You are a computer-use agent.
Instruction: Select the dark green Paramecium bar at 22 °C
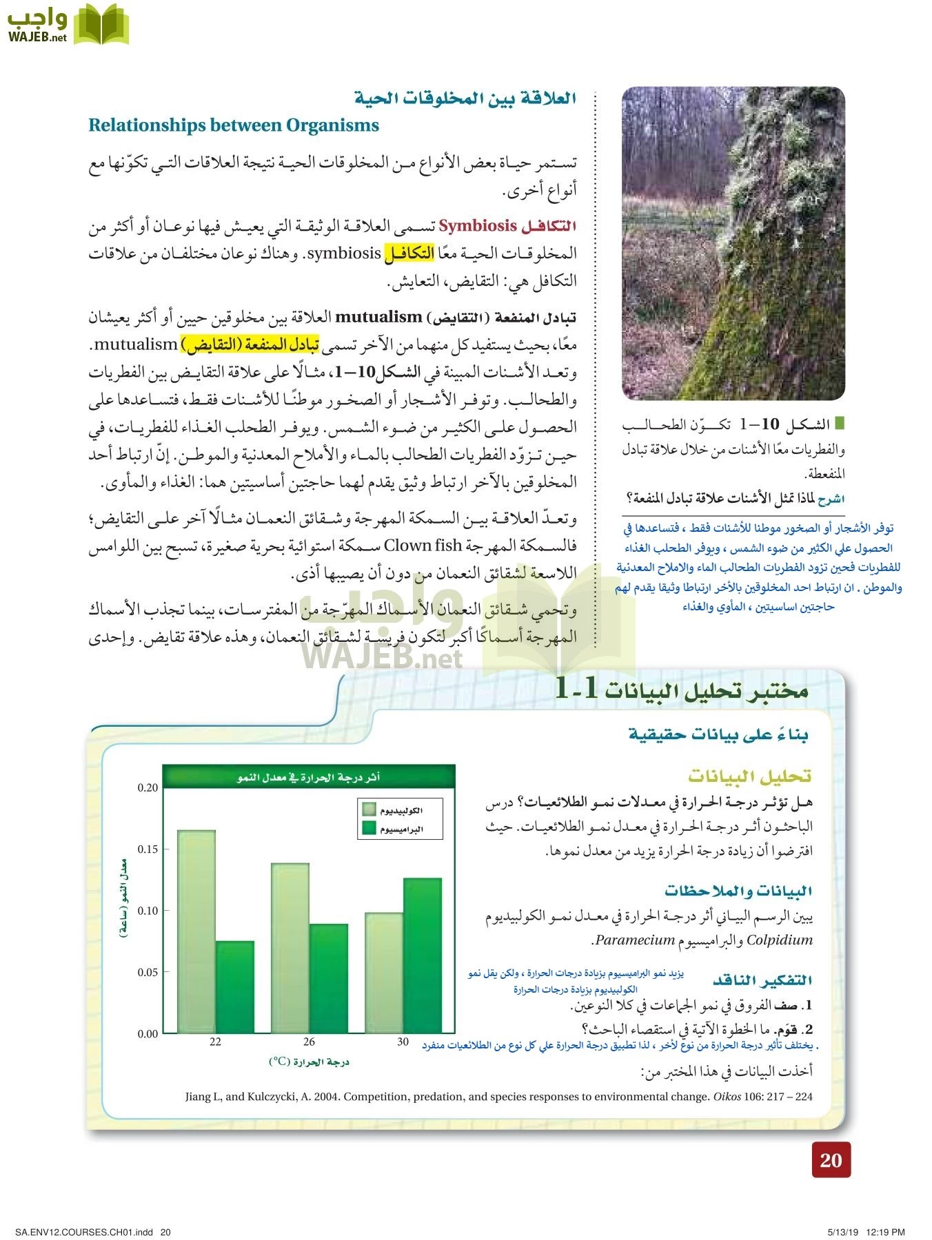click(x=234, y=986)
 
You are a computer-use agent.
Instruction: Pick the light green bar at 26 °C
click(x=290, y=948)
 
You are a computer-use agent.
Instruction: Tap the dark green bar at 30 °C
click(x=422, y=955)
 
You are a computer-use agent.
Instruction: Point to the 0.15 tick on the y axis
click(x=148, y=849)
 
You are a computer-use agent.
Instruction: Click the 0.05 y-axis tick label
click(x=148, y=972)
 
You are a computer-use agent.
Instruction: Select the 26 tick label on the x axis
click(x=309, y=1042)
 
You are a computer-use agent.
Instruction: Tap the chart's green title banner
click(x=309, y=777)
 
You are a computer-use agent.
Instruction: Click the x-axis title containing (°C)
click(x=309, y=1062)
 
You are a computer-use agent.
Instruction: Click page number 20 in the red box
click(x=831, y=1160)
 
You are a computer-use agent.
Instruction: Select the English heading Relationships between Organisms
click(x=234, y=125)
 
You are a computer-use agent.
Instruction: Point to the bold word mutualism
click(x=378, y=317)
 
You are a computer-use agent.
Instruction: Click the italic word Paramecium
click(x=635, y=940)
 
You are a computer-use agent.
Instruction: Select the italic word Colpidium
click(x=780, y=940)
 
